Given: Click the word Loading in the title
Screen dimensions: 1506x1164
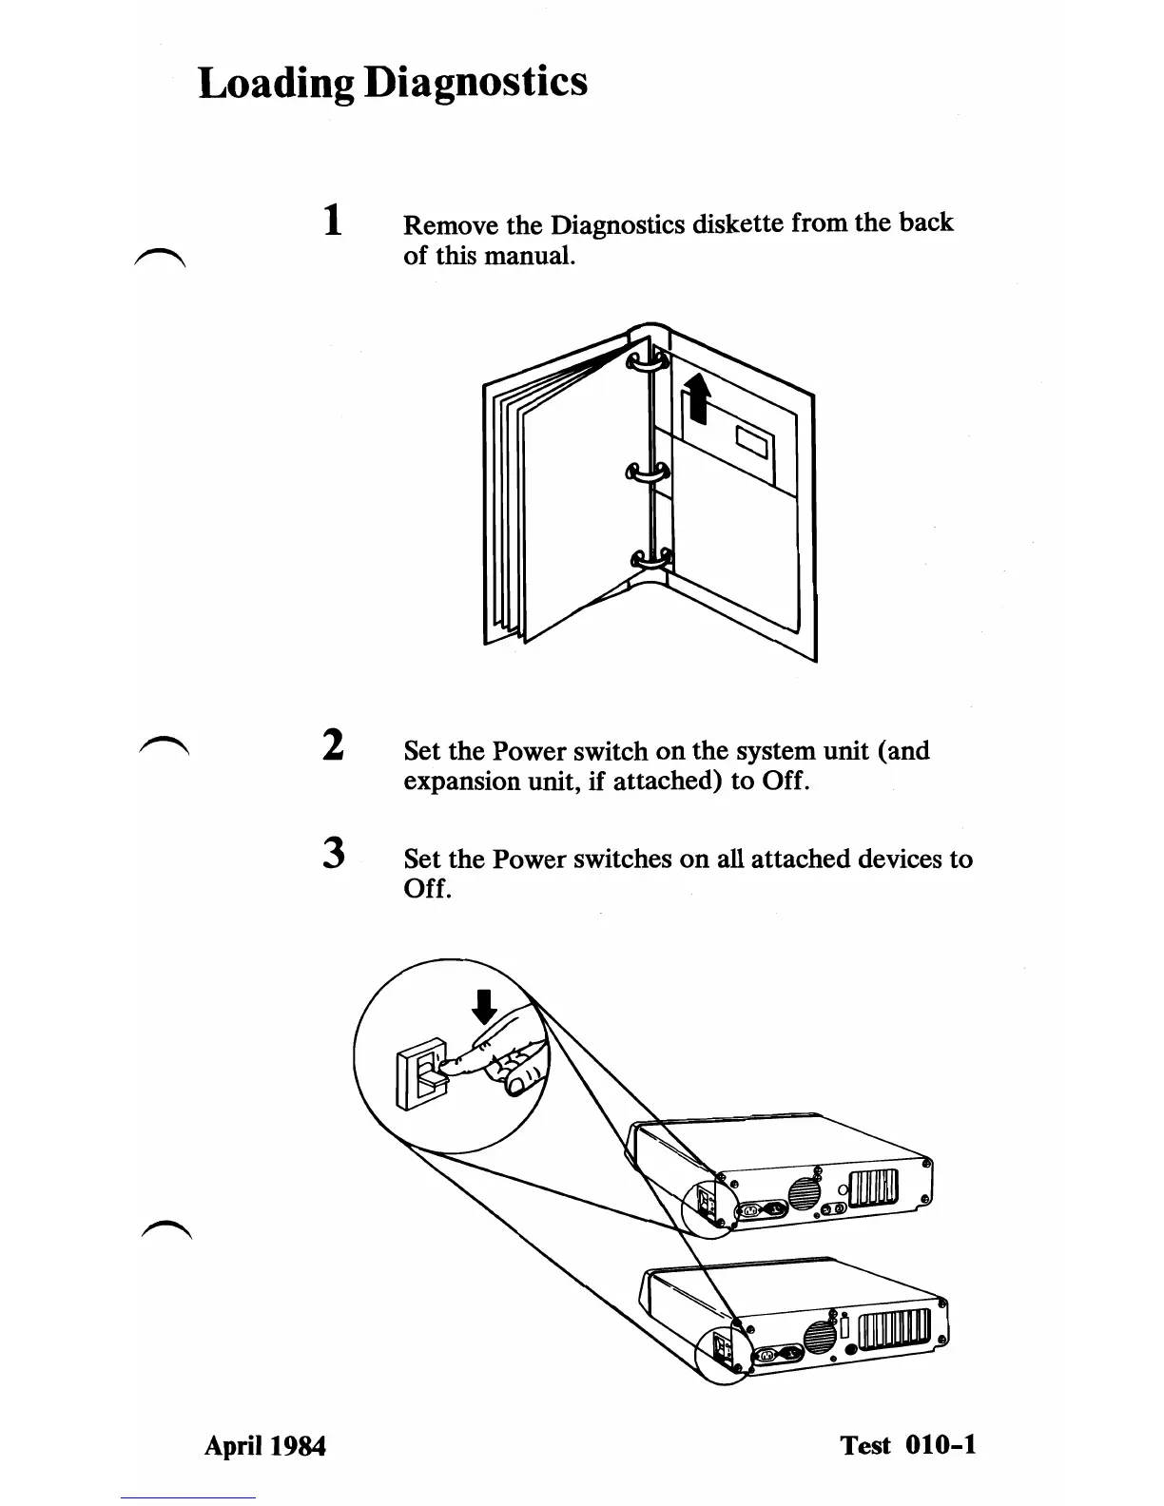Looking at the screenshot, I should (x=277, y=83).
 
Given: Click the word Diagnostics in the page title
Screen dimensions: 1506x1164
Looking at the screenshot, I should (x=476, y=83).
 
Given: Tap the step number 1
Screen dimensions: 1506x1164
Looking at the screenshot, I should (x=331, y=222).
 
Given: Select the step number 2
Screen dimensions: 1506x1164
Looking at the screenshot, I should (x=331, y=744).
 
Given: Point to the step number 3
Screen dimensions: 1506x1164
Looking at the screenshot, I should (x=331, y=852).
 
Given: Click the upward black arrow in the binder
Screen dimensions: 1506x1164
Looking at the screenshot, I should (x=698, y=396).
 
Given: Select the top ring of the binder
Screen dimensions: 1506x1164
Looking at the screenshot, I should (x=646, y=362).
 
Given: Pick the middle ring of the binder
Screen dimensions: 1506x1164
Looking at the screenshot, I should (x=646, y=472).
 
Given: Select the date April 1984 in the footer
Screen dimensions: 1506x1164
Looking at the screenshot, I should (x=265, y=1446).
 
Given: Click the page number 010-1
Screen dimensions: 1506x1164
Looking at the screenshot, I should (x=941, y=1445).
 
